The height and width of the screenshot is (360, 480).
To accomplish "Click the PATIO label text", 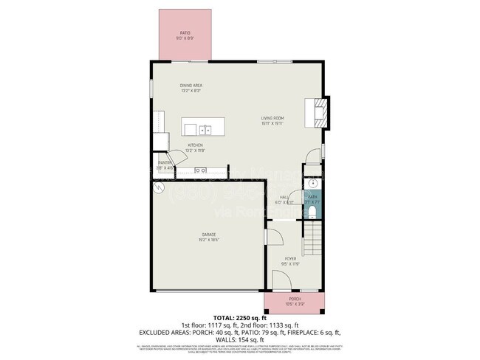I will [x=185, y=33].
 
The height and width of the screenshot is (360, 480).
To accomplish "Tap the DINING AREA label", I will [x=191, y=86].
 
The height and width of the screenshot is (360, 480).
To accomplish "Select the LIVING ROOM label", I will [x=272, y=118].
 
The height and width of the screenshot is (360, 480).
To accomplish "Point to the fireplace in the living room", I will [x=320, y=112].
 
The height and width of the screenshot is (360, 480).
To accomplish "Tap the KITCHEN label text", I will [x=195, y=145].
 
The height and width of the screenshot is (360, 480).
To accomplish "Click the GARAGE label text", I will [x=210, y=235].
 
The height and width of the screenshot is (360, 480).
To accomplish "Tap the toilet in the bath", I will [x=313, y=212].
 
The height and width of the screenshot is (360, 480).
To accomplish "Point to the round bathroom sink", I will [x=313, y=184].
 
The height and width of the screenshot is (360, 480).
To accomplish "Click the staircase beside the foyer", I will [x=313, y=240].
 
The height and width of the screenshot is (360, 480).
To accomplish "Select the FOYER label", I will [x=291, y=259].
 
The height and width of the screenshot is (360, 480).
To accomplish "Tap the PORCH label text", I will [x=295, y=299].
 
